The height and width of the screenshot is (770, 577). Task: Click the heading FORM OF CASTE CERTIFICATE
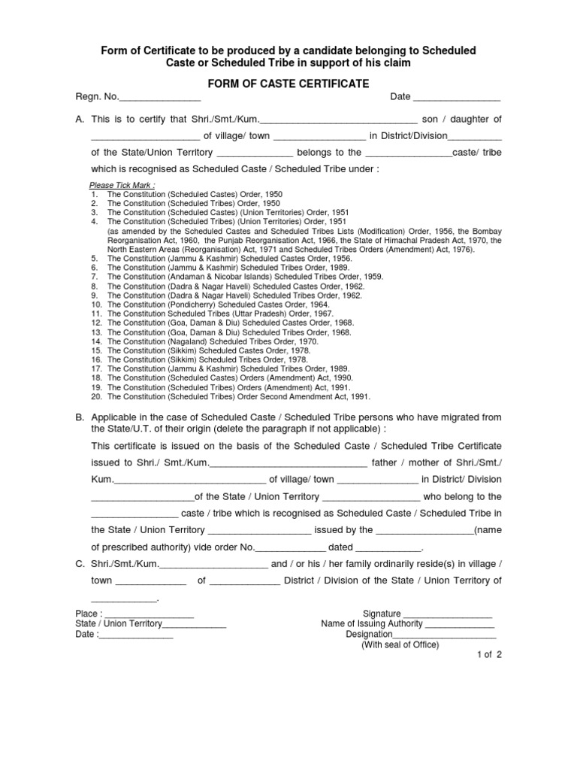(x=288, y=83)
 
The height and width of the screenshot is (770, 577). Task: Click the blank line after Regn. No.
(x=160, y=98)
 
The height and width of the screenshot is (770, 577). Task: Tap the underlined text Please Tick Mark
(x=122, y=185)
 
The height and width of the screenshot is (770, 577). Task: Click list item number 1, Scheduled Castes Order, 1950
(x=195, y=194)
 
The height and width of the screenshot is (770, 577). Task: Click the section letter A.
(x=80, y=120)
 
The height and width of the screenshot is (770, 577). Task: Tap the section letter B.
(x=80, y=417)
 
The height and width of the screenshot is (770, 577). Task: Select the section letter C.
(x=80, y=565)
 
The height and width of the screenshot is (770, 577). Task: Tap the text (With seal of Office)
(x=400, y=645)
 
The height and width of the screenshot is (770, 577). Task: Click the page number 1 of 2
(x=488, y=655)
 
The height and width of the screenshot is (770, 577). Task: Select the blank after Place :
(x=150, y=615)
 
